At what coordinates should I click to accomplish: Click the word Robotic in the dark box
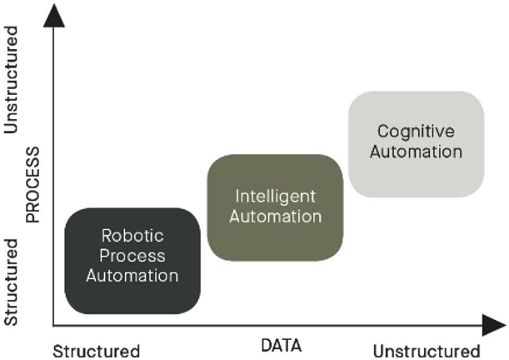(132, 236)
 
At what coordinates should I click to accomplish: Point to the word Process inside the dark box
(132, 255)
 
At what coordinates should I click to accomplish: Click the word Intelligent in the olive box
(275, 197)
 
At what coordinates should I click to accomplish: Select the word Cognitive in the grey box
(416, 131)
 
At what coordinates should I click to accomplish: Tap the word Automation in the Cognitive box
(416, 152)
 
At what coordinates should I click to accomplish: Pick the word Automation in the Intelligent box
(275, 217)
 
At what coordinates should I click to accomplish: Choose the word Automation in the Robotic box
(132, 274)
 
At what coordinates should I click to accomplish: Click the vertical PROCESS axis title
(32, 185)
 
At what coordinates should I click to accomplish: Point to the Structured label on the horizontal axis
(96, 350)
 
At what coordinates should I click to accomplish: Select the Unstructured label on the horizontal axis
(427, 350)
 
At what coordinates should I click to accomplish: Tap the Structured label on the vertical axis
(12, 282)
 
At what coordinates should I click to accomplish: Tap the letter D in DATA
(265, 345)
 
